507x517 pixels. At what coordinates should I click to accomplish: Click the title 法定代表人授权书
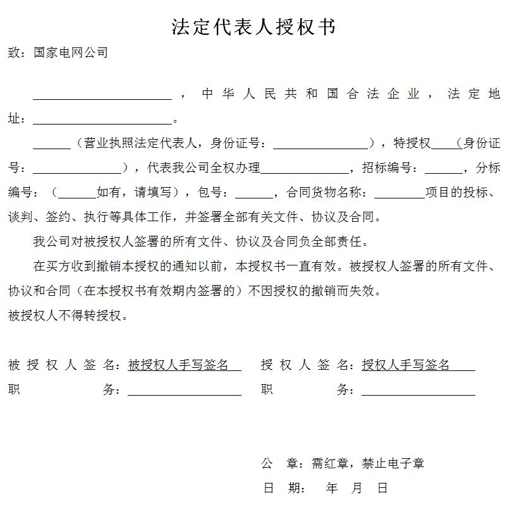click(x=253, y=27)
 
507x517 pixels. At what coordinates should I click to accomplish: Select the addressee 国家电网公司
click(x=71, y=52)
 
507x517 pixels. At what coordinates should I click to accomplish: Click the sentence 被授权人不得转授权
click(x=68, y=315)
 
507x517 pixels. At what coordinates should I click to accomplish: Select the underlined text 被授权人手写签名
click(x=178, y=365)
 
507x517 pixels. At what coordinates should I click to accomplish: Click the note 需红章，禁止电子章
click(x=368, y=463)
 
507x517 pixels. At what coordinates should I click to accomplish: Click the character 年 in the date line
click(x=332, y=488)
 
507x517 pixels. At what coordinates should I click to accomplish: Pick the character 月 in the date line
click(x=357, y=488)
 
